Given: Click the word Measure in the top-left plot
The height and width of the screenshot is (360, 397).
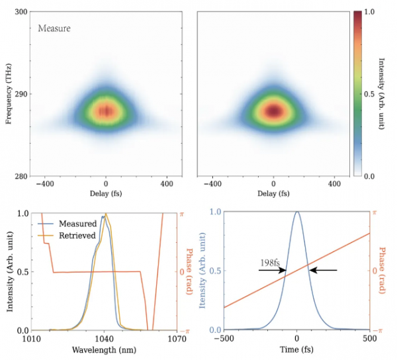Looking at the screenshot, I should click(x=54, y=28).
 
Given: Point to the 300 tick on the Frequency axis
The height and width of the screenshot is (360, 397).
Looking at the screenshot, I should click(x=21, y=13).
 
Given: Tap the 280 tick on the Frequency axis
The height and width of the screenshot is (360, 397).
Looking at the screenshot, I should click(x=21, y=176).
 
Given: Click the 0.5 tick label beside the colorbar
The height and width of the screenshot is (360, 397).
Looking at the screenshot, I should click(x=371, y=94).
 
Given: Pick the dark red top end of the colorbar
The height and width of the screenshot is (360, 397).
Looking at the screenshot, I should click(x=357, y=15).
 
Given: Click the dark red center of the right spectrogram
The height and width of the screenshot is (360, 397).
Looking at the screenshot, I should click(x=273, y=109).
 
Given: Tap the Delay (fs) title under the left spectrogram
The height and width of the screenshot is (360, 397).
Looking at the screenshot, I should click(x=105, y=193).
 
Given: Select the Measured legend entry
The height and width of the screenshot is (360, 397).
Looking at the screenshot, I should click(x=78, y=224).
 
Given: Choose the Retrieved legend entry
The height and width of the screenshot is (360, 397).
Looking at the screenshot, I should click(x=78, y=236).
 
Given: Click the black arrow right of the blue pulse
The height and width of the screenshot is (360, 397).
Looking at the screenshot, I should click(x=324, y=270).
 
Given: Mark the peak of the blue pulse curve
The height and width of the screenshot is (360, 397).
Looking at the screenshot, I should click(x=297, y=212).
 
